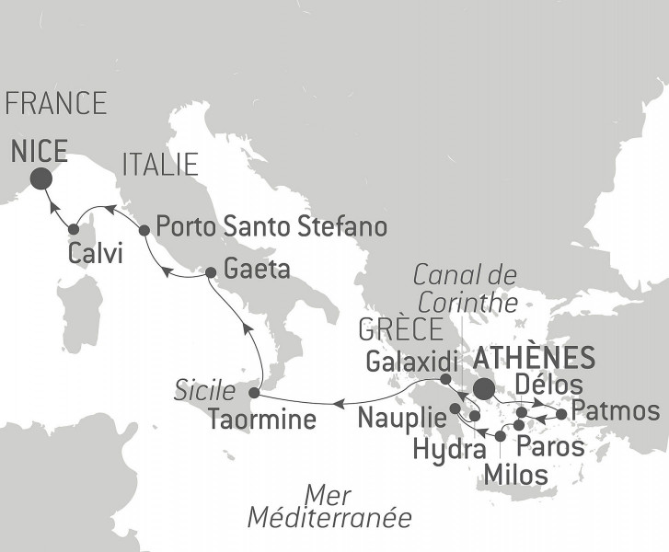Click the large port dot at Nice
(40, 178)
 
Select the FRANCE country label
(55, 103)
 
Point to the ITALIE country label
(159, 165)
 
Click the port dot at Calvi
(74, 229)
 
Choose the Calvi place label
(95, 254)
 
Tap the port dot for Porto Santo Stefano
(144, 230)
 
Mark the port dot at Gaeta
(210, 272)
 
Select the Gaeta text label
(257, 272)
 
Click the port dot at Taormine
(254, 394)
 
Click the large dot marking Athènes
(482, 387)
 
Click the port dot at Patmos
(562, 413)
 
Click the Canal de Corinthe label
(466, 285)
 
